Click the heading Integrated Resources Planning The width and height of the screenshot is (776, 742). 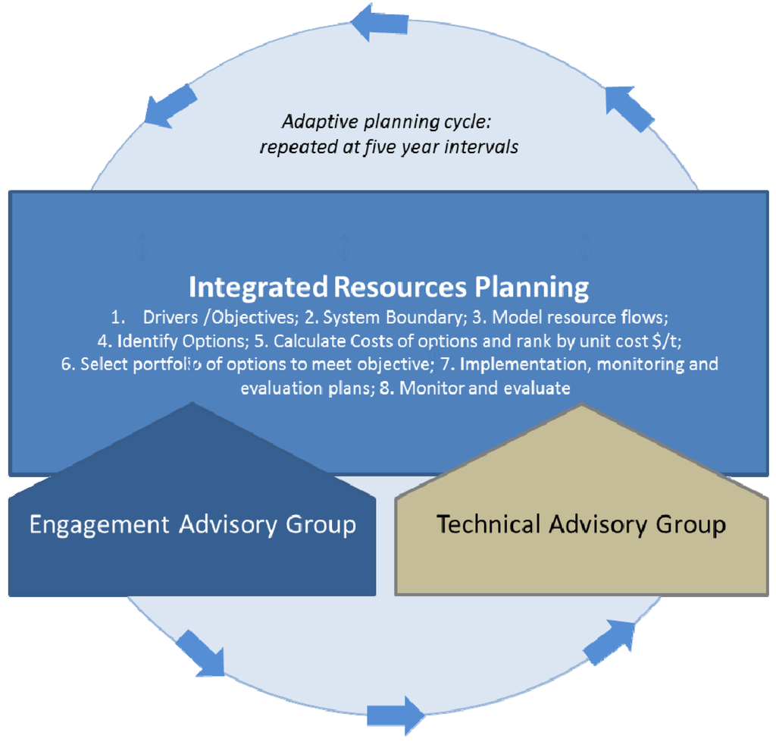click(x=388, y=288)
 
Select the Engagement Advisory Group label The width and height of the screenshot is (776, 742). click(x=192, y=524)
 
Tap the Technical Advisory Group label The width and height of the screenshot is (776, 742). click(x=581, y=524)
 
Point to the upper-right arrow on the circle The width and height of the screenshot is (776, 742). click(x=629, y=108)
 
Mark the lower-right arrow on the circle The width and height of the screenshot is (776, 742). click(x=609, y=642)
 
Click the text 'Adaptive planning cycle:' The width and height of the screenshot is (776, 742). click(x=388, y=121)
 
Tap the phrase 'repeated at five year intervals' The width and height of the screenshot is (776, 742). click(x=389, y=146)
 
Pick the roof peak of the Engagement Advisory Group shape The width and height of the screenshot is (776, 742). click(x=192, y=407)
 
